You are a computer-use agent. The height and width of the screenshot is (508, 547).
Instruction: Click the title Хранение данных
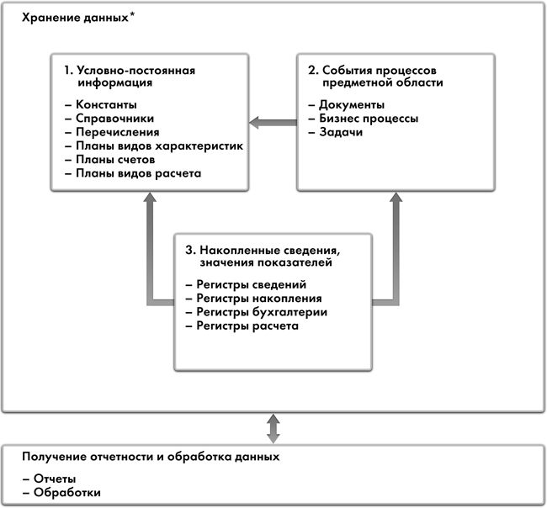(69, 18)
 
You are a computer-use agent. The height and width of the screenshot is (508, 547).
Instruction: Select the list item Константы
(104, 104)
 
